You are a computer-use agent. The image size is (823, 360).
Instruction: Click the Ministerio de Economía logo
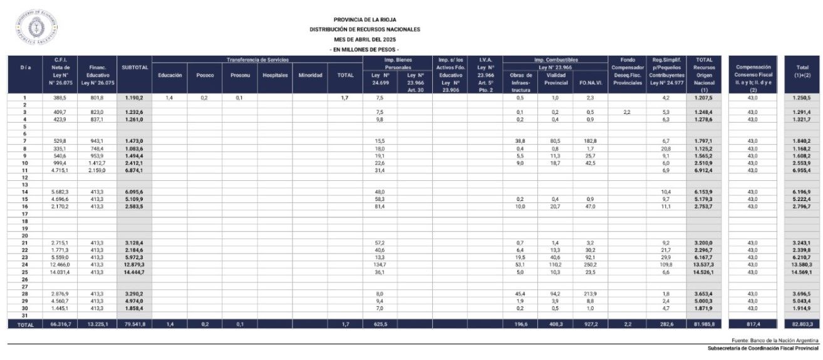click(36, 28)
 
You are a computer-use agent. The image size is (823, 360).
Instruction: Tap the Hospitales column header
click(274, 75)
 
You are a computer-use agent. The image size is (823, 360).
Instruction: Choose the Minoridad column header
click(310, 75)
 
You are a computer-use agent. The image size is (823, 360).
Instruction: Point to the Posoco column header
click(205, 75)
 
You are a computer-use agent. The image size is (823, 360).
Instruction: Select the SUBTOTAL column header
click(135, 68)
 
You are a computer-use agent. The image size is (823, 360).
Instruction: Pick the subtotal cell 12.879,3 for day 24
click(135, 265)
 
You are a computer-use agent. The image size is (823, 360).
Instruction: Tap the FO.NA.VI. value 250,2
click(590, 265)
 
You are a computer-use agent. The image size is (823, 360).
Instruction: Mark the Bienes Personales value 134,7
click(380, 265)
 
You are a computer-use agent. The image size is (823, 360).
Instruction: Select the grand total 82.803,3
click(802, 324)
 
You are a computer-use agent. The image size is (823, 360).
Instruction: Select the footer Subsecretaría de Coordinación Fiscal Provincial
click(762, 348)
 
